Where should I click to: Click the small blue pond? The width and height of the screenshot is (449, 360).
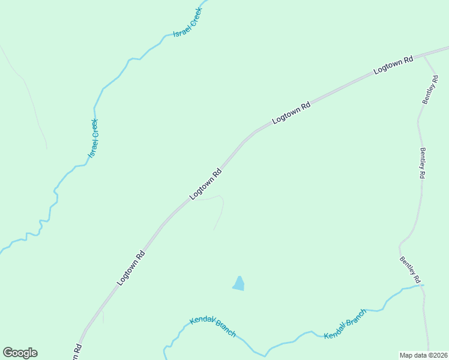tap(239, 284)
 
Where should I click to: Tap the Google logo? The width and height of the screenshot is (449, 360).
tap(20, 353)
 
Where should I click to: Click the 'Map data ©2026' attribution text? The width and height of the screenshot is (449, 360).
tap(423, 355)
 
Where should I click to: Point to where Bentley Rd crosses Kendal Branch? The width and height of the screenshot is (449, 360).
tap(423, 286)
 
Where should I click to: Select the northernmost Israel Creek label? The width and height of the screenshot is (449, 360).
tap(187, 23)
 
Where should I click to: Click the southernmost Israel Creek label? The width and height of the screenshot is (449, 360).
tap(93, 139)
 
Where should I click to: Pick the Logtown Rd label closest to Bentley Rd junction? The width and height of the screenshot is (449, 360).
tap(394, 65)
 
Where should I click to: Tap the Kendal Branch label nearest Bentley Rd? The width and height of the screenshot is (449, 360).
tap(345, 325)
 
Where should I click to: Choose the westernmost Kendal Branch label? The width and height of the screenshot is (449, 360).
tap(212, 327)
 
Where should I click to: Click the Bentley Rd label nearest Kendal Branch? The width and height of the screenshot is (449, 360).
tap(409, 270)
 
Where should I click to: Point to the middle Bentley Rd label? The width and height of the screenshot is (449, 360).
tap(422, 163)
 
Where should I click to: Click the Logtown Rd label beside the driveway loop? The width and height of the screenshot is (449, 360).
tap(206, 184)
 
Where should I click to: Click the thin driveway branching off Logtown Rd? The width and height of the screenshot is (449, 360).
tap(220, 210)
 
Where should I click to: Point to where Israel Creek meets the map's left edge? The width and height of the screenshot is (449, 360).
tap(1, 251)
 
